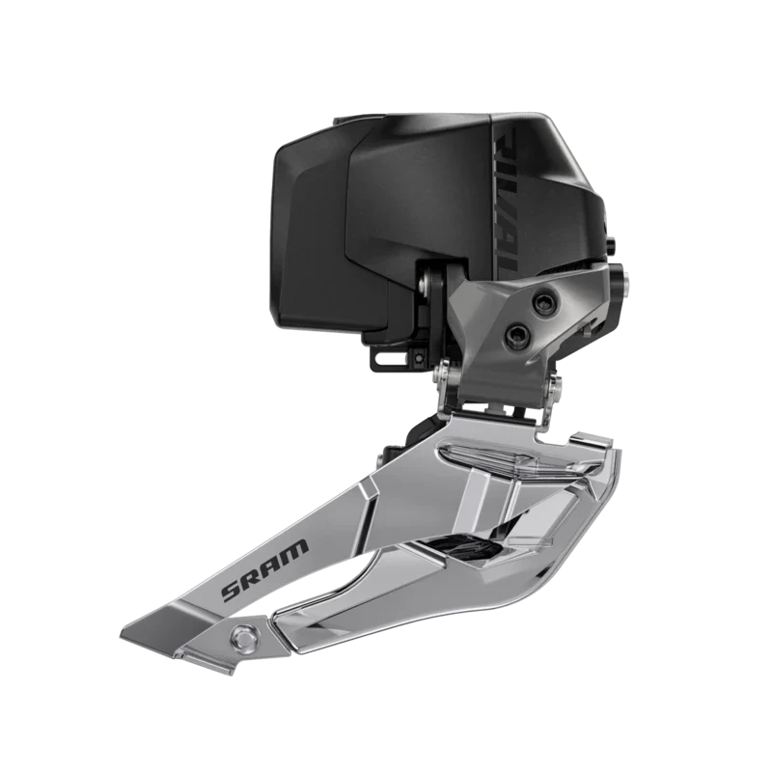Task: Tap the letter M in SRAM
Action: pos(299,548)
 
